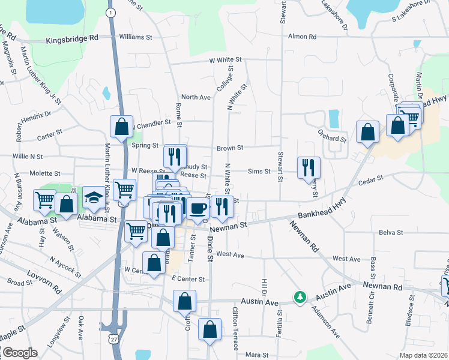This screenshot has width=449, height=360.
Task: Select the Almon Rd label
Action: [x=303, y=37]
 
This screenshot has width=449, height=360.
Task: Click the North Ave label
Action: [x=196, y=97]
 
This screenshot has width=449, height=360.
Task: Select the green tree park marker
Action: [x=299, y=297]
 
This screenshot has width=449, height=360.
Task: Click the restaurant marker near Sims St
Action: [x=309, y=167]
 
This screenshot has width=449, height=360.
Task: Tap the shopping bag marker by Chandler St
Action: [x=121, y=127]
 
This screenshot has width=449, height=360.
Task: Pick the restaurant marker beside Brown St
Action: [x=175, y=156]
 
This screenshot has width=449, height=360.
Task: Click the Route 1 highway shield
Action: [x=110, y=12]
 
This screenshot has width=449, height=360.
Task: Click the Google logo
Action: [x=19, y=353]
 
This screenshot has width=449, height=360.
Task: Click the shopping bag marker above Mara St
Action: [x=209, y=329]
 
